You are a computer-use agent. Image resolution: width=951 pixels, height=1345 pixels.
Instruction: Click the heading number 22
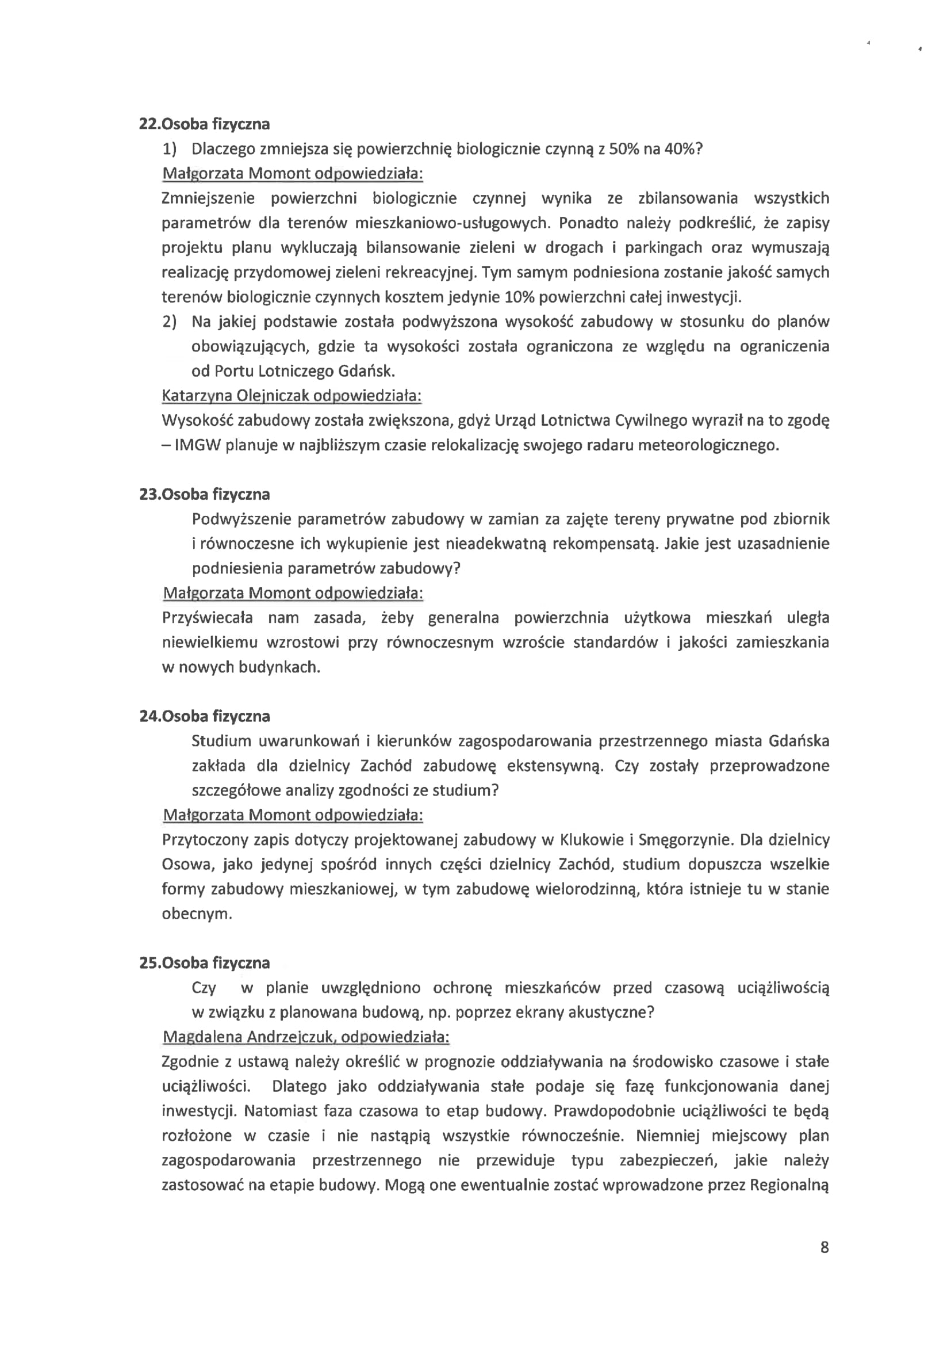click(149, 124)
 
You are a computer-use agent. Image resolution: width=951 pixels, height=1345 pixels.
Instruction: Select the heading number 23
click(149, 494)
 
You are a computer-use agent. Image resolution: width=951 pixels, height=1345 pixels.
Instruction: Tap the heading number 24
click(149, 716)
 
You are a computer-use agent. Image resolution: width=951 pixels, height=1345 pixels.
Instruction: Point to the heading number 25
click(149, 963)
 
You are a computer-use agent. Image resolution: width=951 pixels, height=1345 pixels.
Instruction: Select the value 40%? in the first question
click(682, 149)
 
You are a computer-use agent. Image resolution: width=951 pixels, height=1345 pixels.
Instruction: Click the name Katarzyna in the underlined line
click(196, 396)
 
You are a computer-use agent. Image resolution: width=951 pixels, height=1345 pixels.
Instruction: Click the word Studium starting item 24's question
click(221, 741)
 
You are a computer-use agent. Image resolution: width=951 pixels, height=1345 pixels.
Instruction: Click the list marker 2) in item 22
click(168, 322)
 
